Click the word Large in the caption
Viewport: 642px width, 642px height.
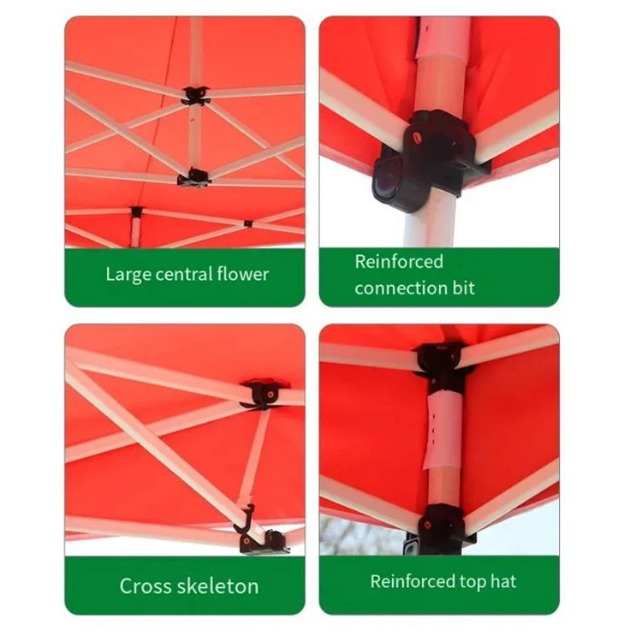pos(125,275)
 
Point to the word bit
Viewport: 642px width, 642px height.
pos(462,288)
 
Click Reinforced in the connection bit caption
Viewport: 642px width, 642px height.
pos(399,262)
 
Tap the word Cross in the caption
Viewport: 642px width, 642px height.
pos(146,586)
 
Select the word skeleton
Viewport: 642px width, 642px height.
pos(217,586)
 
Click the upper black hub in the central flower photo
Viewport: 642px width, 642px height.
pos(196,94)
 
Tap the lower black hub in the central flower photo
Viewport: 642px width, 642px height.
pos(194,178)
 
